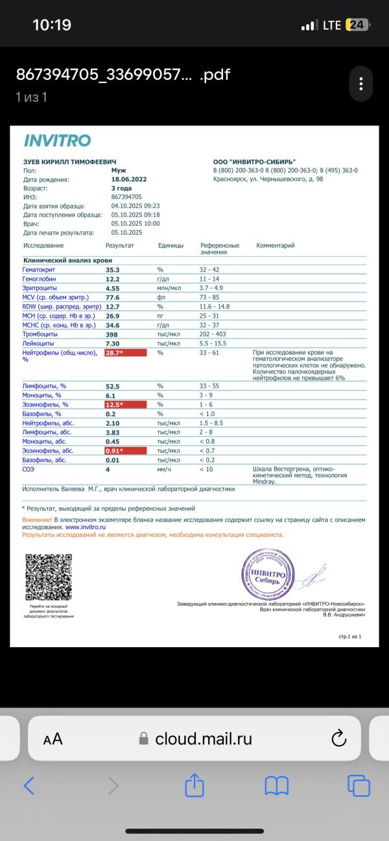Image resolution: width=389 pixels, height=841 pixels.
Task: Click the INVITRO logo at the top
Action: click(57, 141)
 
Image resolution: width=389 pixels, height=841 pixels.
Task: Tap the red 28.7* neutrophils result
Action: click(124, 353)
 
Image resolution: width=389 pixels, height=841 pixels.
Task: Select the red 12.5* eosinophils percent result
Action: click(124, 405)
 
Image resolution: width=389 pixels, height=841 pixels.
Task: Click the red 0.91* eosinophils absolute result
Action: click(124, 450)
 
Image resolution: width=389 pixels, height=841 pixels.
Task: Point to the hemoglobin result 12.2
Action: click(112, 278)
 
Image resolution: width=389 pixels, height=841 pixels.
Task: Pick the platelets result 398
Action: click(112, 334)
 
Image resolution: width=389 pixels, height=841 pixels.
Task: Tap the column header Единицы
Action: click(171, 246)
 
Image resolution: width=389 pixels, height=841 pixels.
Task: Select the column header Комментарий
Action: click(276, 246)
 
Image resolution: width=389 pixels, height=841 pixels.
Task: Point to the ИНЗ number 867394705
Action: click(126, 196)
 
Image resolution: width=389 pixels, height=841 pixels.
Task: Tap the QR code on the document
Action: click(48, 577)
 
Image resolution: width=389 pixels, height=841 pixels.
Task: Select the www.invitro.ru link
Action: click(86, 527)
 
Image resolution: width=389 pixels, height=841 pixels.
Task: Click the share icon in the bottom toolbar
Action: click(194, 786)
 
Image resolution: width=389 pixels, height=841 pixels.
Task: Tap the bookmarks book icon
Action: click(277, 786)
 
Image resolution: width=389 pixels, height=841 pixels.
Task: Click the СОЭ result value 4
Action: click(108, 468)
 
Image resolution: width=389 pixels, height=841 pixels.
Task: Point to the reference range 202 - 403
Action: click(215, 334)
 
